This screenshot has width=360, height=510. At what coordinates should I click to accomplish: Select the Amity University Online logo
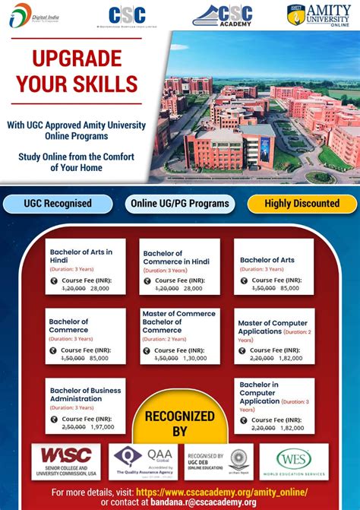coord(323,14)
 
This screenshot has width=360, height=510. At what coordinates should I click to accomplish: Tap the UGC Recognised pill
coord(58,204)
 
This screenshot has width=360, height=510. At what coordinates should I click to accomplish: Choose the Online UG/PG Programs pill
coord(180,204)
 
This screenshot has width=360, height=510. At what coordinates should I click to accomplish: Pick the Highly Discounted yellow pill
coord(302,204)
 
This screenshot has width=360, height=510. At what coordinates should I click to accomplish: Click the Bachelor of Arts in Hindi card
coord(86,267)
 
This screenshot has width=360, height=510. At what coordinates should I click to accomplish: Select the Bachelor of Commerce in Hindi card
coord(179,267)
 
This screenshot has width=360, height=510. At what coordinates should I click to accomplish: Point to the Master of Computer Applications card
coord(273,335)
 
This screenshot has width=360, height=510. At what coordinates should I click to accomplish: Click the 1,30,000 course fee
coord(194,358)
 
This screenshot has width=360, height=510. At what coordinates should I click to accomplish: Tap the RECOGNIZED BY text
coord(180,423)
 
